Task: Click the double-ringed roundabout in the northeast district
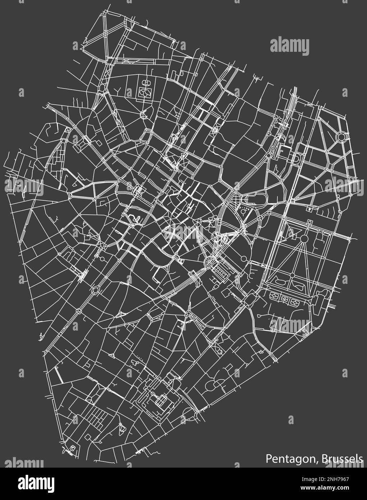point(341,136)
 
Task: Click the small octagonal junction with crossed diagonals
point(215,130)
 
